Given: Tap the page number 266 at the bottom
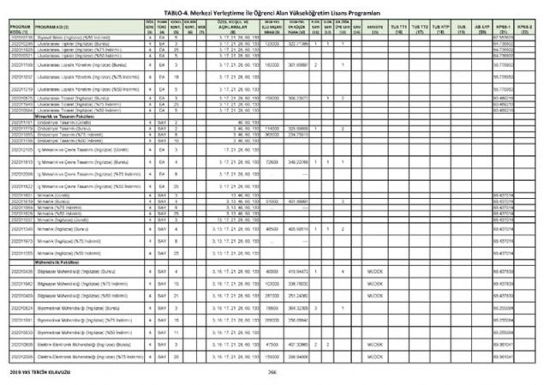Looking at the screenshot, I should point(271,373).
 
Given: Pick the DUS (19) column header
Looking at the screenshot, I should point(461,27).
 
